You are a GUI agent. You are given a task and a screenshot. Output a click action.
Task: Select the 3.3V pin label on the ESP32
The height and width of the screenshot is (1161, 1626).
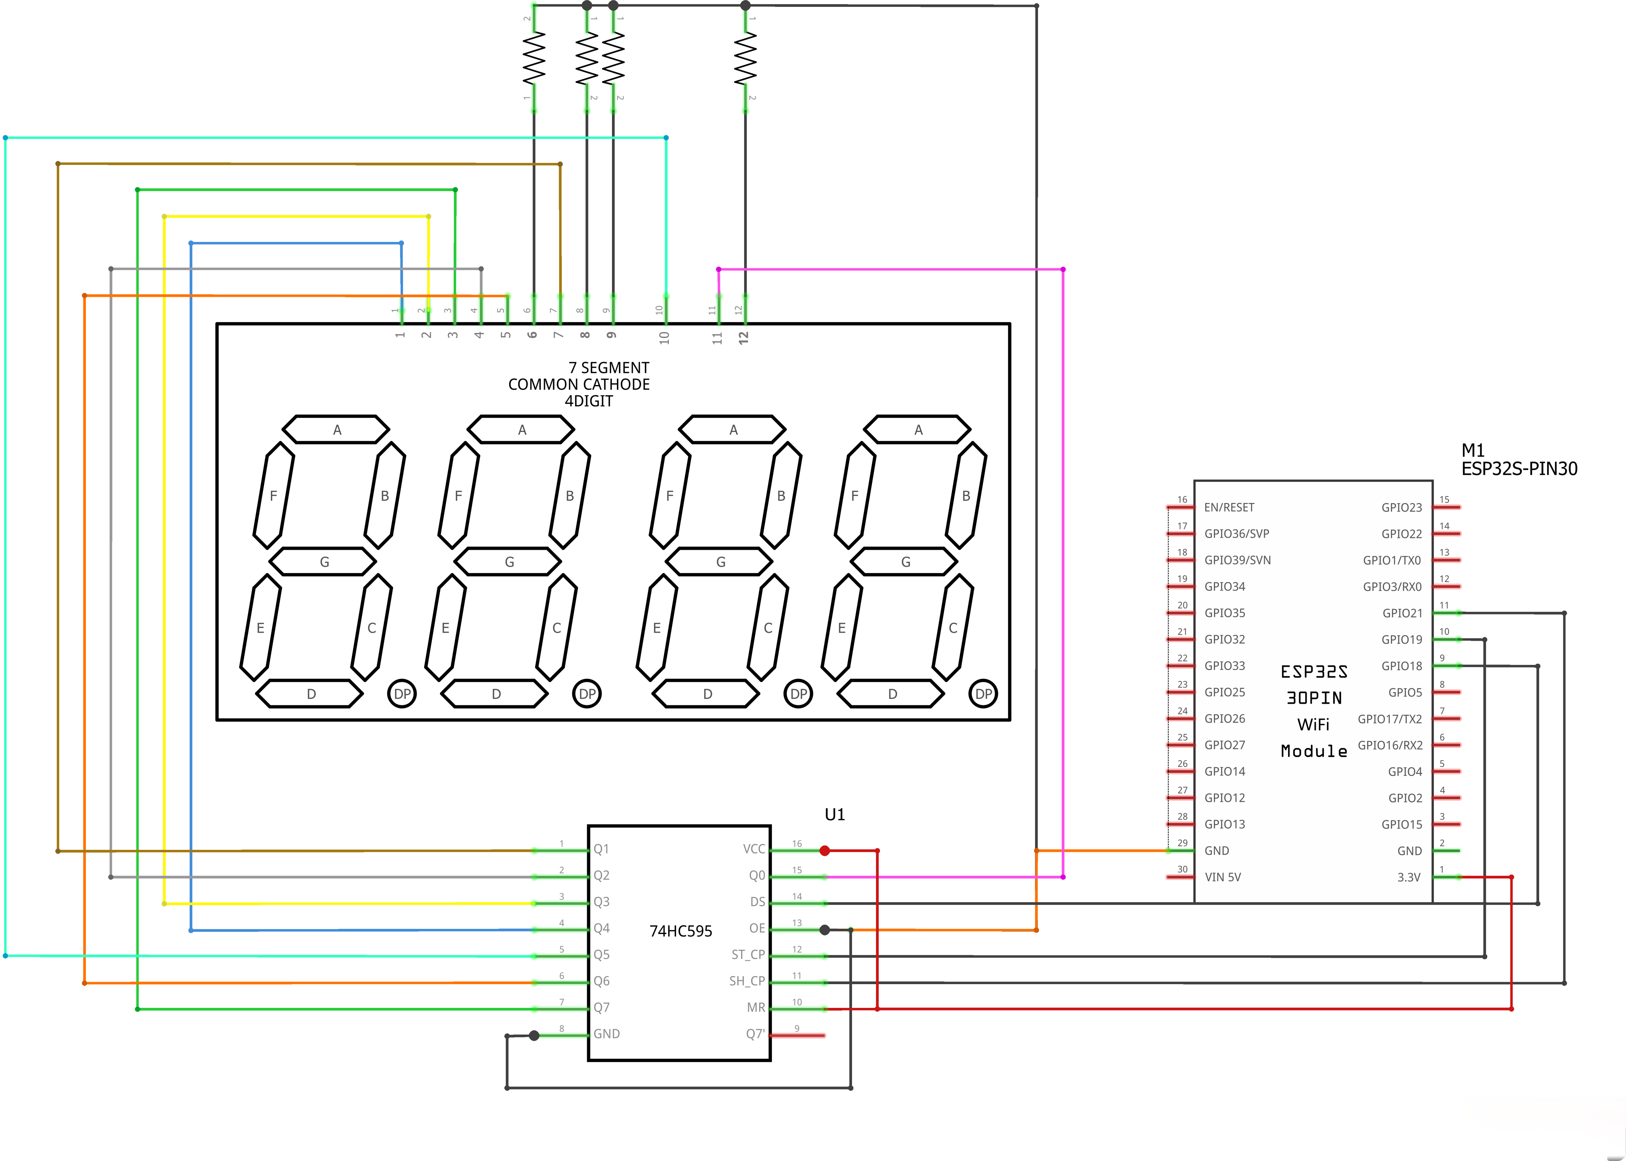pyautogui.click(x=1409, y=877)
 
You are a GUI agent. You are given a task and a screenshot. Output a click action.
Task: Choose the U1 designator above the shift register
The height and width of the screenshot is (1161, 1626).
pyautogui.click(x=834, y=814)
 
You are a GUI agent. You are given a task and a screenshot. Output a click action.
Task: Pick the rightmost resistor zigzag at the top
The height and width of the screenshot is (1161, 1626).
pyautogui.click(x=745, y=59)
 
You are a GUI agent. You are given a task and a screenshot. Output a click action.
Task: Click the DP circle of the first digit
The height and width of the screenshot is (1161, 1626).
pyautogui.click(x=402, y=693)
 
